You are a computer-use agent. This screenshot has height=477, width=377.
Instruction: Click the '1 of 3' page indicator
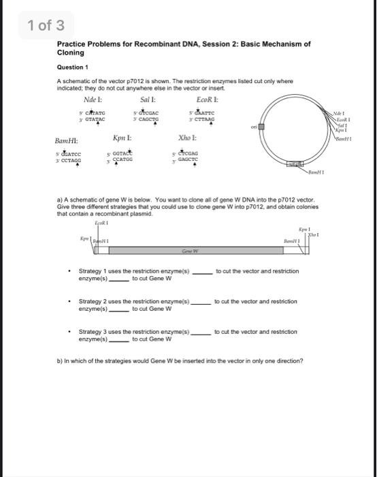46,26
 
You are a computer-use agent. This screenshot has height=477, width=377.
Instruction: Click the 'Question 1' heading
72,67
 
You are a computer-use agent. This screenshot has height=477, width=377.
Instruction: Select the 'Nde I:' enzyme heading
93,99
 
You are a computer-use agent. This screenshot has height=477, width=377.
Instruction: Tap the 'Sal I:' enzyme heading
149,99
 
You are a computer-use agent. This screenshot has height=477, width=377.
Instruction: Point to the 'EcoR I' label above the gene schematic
101,222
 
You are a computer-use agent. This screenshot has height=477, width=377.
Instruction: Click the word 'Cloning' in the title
70,52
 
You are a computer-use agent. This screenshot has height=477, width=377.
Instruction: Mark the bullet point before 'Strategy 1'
71,271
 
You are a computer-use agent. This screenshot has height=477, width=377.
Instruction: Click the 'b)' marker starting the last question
60,360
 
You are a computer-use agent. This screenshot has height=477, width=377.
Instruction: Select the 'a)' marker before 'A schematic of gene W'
60,198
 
